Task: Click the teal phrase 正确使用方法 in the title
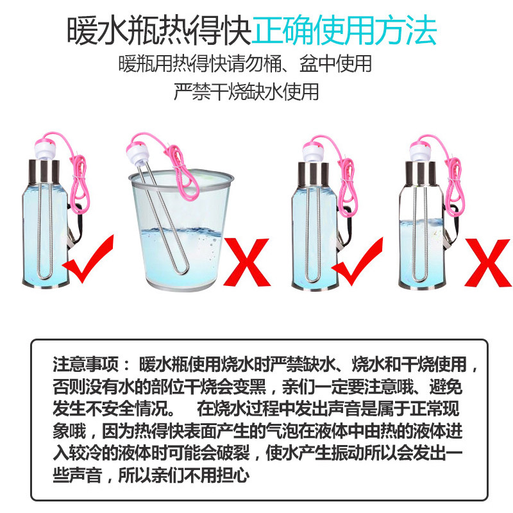click(x=344, y=31)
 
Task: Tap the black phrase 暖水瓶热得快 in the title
click(x=159, y=31)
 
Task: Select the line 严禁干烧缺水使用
click(x=246, y=92)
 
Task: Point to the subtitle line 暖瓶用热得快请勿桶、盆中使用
click(x=245, y=63)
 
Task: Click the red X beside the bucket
click(x=247, y=262)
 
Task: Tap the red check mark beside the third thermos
click(x=357, y=262)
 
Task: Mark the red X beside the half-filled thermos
click(x=488, y=263)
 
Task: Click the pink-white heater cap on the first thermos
click(x=47, y=149)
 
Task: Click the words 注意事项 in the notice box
click(x=86, y=364)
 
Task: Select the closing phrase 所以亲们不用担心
click(x=183, y=475)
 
